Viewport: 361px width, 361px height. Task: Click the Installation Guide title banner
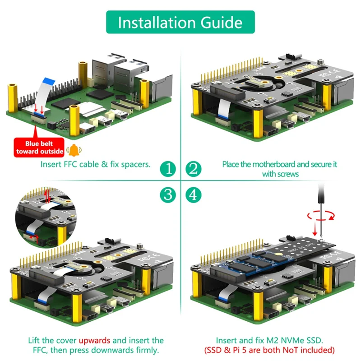180,22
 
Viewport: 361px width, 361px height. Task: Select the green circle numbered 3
168,194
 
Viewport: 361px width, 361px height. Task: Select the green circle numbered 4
193,194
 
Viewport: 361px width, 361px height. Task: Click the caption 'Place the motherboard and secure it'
279,164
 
